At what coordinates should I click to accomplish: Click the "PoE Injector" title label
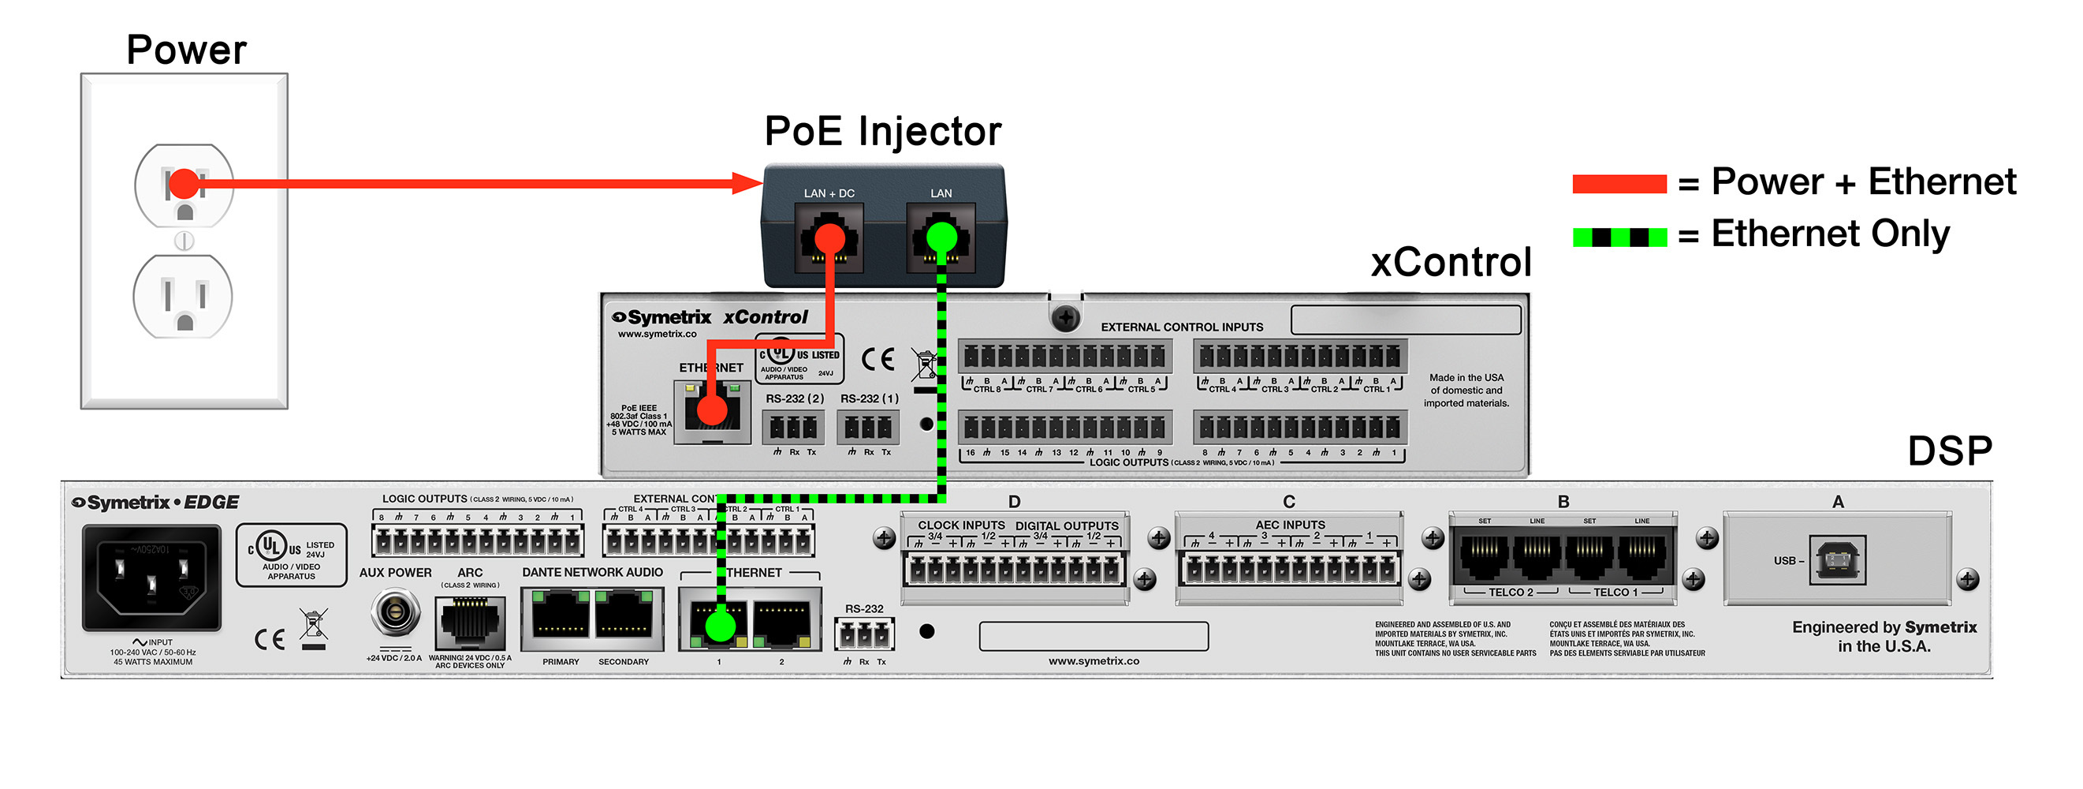[882, 131]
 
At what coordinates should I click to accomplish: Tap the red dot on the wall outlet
[184, 184]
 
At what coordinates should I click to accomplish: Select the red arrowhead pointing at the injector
[747, 183]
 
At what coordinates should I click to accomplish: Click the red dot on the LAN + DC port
[829, 239]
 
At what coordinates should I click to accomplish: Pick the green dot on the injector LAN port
[941, 238]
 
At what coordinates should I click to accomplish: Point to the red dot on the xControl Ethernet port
[712, 409]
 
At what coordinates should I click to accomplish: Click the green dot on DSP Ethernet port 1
[720, 626]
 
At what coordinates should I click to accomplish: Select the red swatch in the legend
[1619, 184]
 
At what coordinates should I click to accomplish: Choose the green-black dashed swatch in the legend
[1619, 237]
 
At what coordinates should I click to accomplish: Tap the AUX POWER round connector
[395, 612]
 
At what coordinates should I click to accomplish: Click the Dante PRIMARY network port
[561, 619]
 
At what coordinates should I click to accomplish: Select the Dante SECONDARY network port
[624, 619]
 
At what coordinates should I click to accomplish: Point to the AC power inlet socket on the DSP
[151, 576]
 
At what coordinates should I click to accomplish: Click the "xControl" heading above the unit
[1451, 262]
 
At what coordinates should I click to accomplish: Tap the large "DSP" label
[1950, 451]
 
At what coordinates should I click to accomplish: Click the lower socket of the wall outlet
[184, 297]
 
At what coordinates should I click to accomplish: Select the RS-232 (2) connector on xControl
[793, 427]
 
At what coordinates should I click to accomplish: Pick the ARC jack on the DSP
[470, 623]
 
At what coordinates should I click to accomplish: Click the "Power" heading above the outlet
[186, 50]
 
